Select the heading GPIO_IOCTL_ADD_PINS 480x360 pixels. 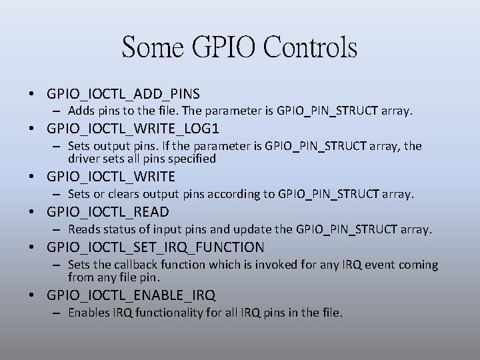click(x=123, y=93)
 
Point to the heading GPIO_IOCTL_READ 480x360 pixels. click(x=108, y=212)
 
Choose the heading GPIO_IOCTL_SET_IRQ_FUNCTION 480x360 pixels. click(x=155, y=247)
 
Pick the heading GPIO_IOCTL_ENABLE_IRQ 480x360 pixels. click(x=131, y=295)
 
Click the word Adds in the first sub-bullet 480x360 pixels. click(x=81, y=110)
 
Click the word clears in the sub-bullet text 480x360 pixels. click(x=127, y=194)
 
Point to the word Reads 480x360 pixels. click(x=84, y=229)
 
